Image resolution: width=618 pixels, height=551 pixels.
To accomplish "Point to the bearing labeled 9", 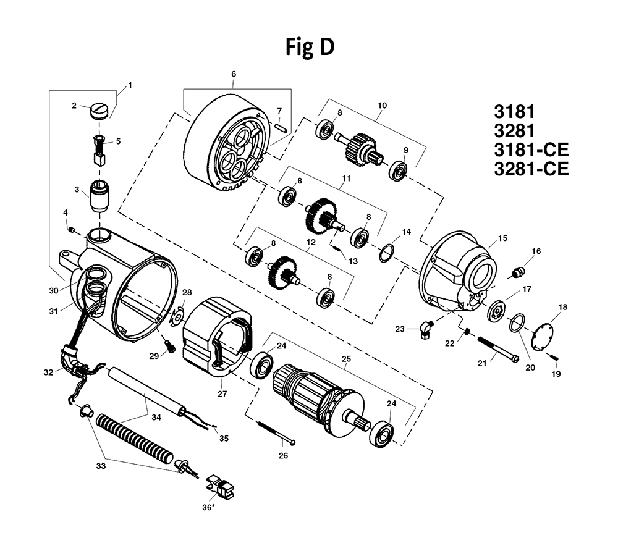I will point(399,169).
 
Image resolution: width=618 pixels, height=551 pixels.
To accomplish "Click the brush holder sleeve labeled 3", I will point(100,195).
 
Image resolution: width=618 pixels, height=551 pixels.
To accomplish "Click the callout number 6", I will point(233,74).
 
